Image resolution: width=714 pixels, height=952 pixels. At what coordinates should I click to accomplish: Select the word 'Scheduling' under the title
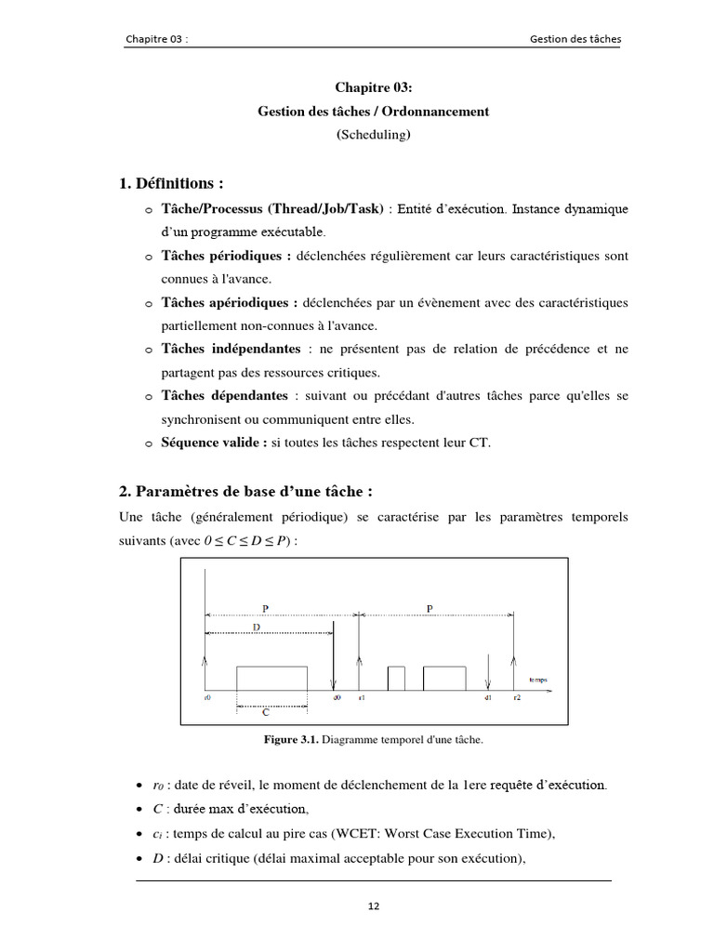(373, 134)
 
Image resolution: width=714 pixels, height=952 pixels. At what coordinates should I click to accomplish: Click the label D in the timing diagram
(255, 628)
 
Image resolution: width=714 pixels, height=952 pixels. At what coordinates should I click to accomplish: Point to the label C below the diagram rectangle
(266, 713)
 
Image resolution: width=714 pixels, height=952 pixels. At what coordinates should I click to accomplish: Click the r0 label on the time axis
(207, 695)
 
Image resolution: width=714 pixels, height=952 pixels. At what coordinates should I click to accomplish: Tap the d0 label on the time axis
(337, 695)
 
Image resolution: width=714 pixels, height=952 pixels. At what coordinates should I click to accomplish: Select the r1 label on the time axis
(362, 695)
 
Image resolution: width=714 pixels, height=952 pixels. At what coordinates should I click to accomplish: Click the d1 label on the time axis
(487, 695)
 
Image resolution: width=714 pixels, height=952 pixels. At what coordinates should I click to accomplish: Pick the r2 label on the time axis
(516, 695)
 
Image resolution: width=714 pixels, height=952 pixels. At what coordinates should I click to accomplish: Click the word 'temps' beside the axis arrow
(537, 680)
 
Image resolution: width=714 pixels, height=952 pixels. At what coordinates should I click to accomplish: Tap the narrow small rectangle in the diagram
(396, 679)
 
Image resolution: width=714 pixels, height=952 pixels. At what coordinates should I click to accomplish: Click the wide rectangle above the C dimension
(271, 678)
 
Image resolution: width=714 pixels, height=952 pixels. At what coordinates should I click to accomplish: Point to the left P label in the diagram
(265, 608)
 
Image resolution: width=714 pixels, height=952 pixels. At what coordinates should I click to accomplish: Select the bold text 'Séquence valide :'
(214, 443)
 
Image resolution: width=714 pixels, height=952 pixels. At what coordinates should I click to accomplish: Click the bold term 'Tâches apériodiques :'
(230, 302)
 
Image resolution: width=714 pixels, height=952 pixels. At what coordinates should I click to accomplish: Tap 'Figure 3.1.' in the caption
(292, 740)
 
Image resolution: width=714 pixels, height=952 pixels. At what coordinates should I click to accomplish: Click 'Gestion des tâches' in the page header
(575, 39)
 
